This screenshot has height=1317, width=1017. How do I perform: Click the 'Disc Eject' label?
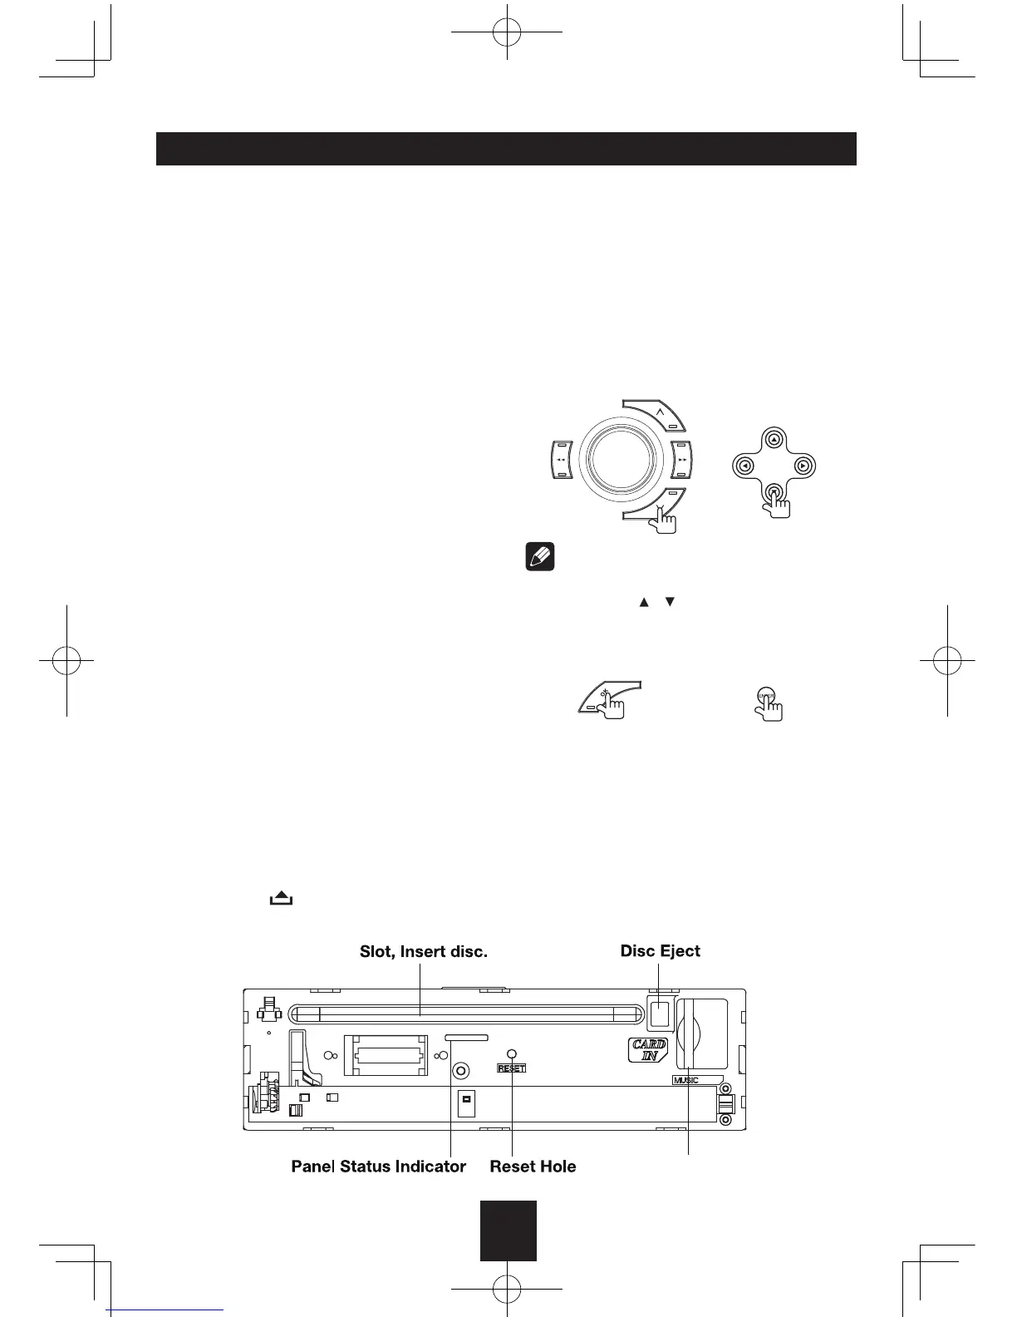coord(660,950)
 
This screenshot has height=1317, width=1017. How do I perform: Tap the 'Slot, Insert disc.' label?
coord(423,951)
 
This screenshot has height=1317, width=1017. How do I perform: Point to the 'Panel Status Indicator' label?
coord(378,1167)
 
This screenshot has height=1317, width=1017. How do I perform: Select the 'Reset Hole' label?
coord(533,1167)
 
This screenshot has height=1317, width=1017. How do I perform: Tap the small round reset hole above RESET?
coord(512,1054)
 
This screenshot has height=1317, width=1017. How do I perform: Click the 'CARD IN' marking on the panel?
coord(647,1050)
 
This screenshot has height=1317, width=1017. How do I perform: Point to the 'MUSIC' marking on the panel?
coord(686,1080)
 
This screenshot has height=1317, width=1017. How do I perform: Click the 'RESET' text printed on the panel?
coord(512,1068)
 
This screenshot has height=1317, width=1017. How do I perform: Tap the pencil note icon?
coord(539,557)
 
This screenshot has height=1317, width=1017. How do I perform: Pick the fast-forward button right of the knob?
coord(682,460)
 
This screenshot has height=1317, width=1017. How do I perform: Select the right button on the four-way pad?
coord(802,466)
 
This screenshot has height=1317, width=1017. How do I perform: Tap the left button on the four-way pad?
coord(745,466)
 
